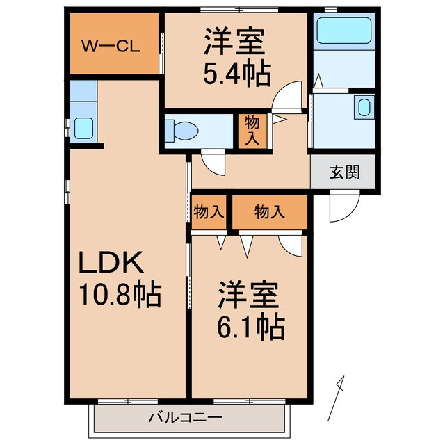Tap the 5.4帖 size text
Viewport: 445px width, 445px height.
236,73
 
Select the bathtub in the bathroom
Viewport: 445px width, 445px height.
345,31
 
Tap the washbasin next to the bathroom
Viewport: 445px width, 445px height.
363,108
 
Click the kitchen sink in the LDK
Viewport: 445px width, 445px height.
83,127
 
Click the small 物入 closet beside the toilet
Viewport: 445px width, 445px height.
252,130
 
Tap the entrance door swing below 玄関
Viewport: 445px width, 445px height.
343,206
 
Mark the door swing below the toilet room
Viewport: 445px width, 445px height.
213,163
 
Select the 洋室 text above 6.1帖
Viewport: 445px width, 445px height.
249,295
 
